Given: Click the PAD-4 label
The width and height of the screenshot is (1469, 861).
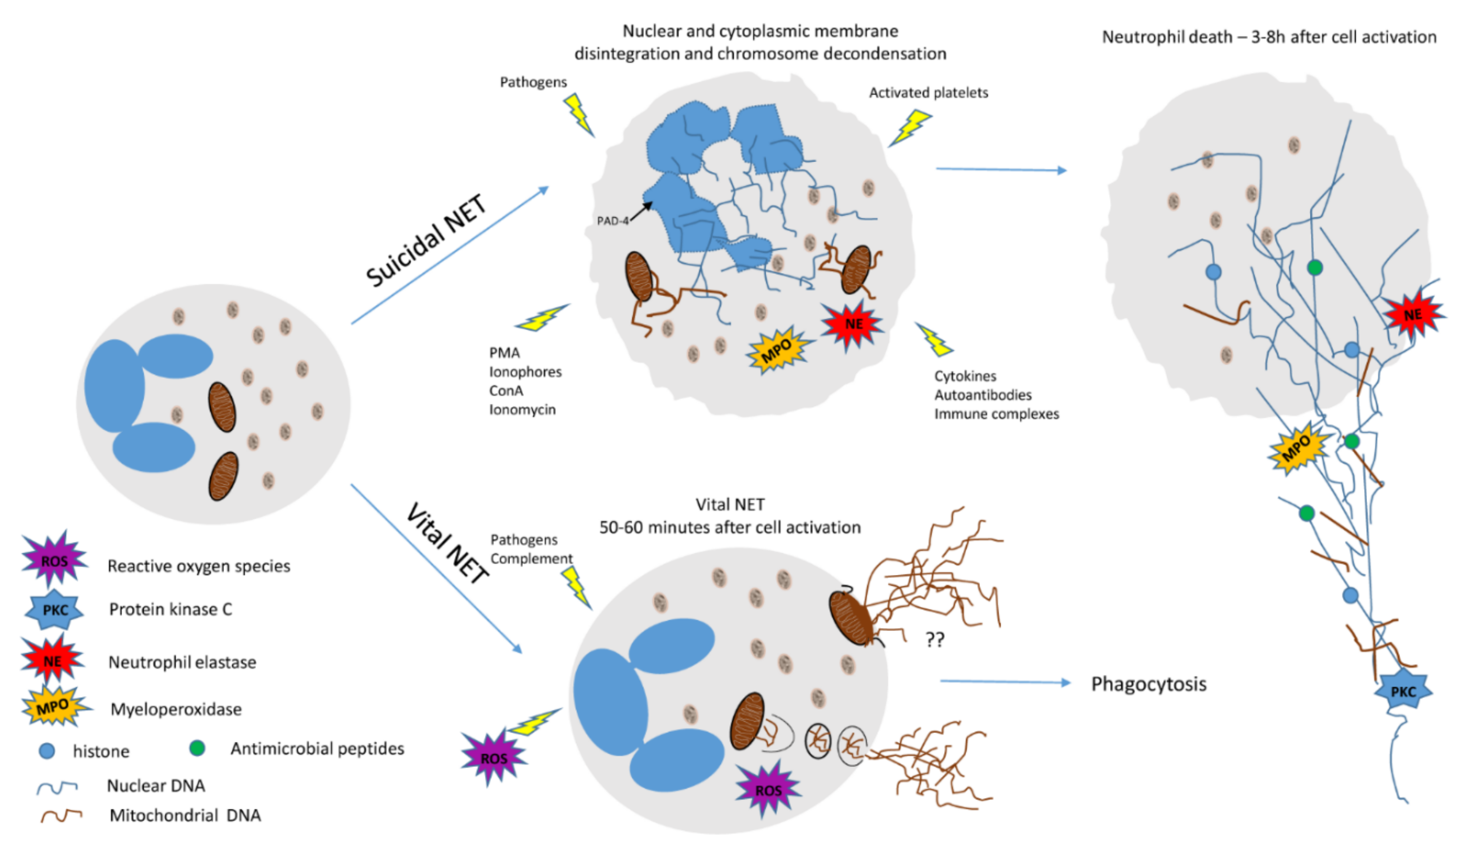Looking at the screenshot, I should pyautogui.click(x=612, y=221).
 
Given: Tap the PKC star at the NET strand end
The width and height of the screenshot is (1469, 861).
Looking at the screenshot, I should pyautogui.click(x=1402, y=692).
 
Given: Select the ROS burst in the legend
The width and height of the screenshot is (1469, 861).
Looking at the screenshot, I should pyautogui.click(x=54, y=560).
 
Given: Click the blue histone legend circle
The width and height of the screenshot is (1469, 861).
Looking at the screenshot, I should pyautogui.click(x=47, y=751).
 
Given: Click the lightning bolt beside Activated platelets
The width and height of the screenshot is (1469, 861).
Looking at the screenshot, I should pyautogui.click(x=910, y=127).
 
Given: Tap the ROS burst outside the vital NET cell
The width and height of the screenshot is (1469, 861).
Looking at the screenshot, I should pyautogui.click(x=494, y=758).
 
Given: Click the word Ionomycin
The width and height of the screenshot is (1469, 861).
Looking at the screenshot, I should pyautogui.click(x=522, y=409).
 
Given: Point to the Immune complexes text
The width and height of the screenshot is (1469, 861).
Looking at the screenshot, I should pyautogui.click(x=996, y=414).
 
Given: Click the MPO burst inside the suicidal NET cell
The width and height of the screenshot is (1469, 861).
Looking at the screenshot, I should pyautogui.click(x=777, y=350).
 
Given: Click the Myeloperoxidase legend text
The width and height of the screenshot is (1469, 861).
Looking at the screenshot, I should pyautogui.click(x=176, y=709).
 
